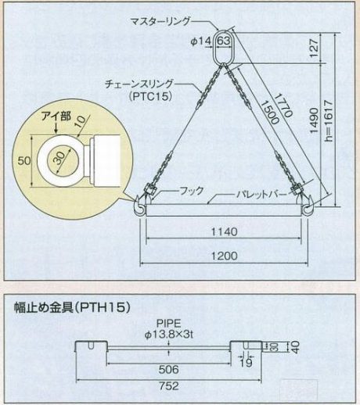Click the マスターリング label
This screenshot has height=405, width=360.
point(160,21)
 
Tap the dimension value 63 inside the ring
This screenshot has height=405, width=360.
point(224,41)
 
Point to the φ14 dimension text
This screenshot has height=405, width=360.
point(200,41)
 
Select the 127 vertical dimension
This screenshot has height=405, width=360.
point(315,48)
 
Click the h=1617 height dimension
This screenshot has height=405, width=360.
point(329,120)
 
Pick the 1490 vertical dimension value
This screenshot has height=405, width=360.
point(315,120)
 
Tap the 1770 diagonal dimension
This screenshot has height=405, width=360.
point(283,106)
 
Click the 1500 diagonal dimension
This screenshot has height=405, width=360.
point(270,112)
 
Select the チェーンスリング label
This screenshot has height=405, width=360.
point(139,84)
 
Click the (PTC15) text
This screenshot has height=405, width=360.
point(150,97)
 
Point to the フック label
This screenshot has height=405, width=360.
point(192,191)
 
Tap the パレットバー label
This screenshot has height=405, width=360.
point(261,195)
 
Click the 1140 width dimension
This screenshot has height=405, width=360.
point(224,231)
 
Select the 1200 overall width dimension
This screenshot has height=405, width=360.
point(224,256)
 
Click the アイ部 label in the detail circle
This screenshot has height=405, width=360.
point(56,116)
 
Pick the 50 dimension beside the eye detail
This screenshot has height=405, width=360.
point(24,161)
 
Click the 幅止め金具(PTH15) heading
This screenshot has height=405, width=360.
point(72,308)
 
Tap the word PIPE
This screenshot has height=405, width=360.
point(168,324)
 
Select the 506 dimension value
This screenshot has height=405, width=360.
point(169,369)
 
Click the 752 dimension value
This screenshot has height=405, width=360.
point(169,385)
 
